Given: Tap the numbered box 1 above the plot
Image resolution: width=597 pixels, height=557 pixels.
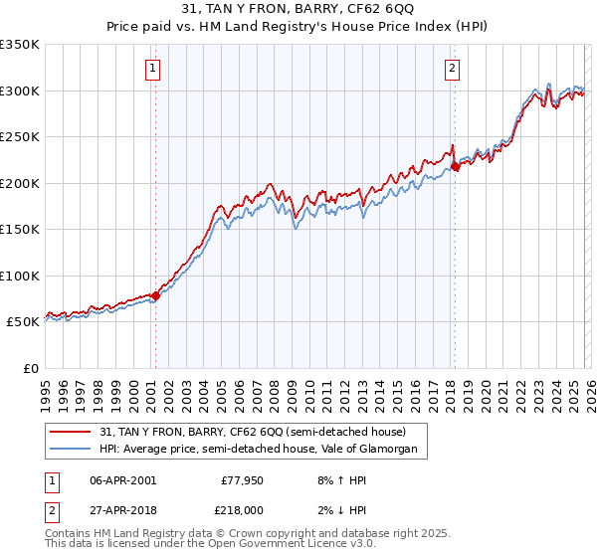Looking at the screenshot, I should tap(154, 69).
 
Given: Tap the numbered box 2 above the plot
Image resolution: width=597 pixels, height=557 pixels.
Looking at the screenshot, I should tap(452, 69).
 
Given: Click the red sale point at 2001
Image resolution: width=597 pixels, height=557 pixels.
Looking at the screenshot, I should tap(155, 295).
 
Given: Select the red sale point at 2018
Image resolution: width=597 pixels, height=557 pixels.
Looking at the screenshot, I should tap(455, 166).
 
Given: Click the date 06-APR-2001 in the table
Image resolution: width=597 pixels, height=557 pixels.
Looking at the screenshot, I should tap(122, 479).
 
